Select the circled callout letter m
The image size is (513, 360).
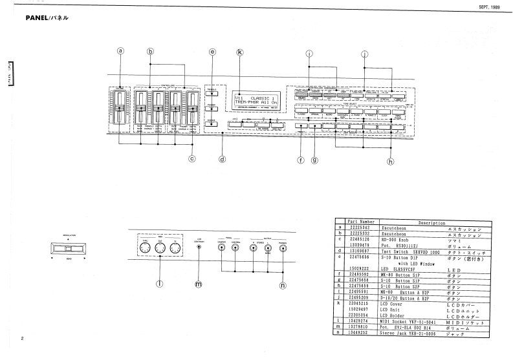pos(199,283)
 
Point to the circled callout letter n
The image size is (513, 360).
pos(282,284)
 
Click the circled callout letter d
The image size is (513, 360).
pos(222,158)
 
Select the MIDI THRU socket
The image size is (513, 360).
pos(144,247)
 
